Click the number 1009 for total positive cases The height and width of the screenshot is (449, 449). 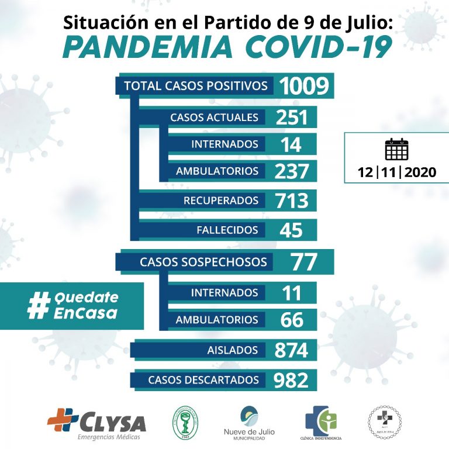pos(304,87)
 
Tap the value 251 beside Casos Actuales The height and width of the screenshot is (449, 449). pos(291,117)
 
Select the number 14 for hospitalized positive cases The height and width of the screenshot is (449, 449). pos(291,144)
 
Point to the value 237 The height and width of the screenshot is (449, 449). pos(291,171)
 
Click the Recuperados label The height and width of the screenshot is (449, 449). pos(221,201)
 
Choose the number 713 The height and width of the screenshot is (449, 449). pos(291,201)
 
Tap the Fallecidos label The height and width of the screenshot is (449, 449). pos(227,230)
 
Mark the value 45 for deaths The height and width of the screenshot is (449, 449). pos(291,230)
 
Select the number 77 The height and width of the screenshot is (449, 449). pos(303,262)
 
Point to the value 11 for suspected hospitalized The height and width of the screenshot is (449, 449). pos(291,292)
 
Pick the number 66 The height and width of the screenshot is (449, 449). pos(291,320)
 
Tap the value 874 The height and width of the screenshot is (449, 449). pos(291,350)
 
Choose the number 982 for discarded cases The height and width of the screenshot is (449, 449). pos(291,380)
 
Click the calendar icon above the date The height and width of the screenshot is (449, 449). pos(396,150)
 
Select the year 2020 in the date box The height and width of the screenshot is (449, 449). pos(419,172)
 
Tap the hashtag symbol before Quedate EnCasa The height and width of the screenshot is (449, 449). pos(39,306)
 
